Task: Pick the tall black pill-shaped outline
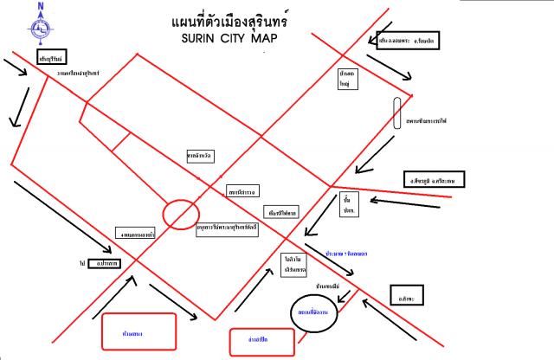[396, 112]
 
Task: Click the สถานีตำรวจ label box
[240, 189]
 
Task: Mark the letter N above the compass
[40, 7]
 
